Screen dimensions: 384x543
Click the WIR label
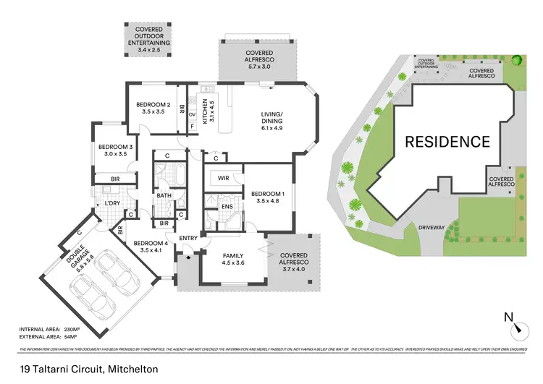[224, 177]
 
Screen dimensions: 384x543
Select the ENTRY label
[188, 238]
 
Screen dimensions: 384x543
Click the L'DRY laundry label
[112, 203]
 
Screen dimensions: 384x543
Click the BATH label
[164, 195]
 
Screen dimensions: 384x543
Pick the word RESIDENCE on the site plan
[447, 141]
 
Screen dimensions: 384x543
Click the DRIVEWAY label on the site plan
[431, 227]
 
